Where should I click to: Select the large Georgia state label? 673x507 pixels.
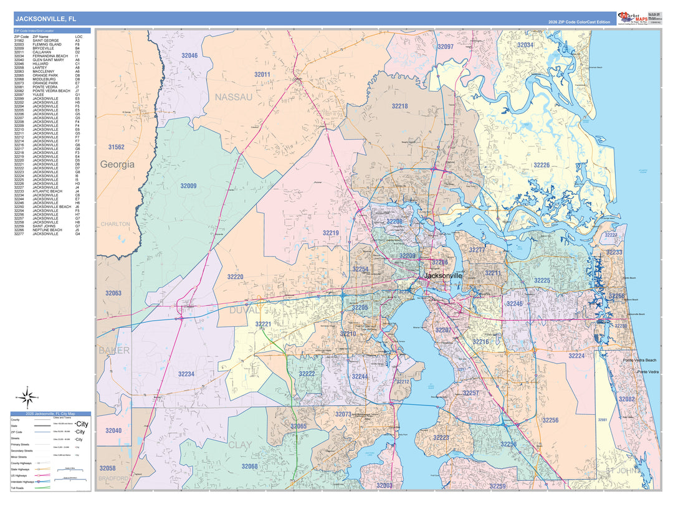tap(117, 165)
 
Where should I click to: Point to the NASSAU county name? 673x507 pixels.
tap(234, 97)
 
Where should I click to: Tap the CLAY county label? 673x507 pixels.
tap(241, 445)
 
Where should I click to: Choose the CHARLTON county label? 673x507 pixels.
tap(115, 224)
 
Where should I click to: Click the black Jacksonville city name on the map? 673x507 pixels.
tap(443, 275)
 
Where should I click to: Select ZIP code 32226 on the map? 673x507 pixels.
tap(541, 165)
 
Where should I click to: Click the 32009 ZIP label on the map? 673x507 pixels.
tap(188, 186)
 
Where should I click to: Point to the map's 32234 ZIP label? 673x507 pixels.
tap(186, 374)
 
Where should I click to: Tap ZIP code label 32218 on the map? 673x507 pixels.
tap(399, 107)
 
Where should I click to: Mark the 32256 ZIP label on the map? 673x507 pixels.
tap(550, 420)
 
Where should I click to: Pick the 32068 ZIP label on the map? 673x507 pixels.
tap(249, 467)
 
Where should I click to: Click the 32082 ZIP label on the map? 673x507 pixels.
tap(626, 399)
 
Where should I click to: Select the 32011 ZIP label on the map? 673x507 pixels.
tap(262, 75)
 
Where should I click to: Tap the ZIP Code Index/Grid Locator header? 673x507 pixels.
tap(34, 30)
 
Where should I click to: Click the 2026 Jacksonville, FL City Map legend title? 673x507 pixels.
tap(50, 414)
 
